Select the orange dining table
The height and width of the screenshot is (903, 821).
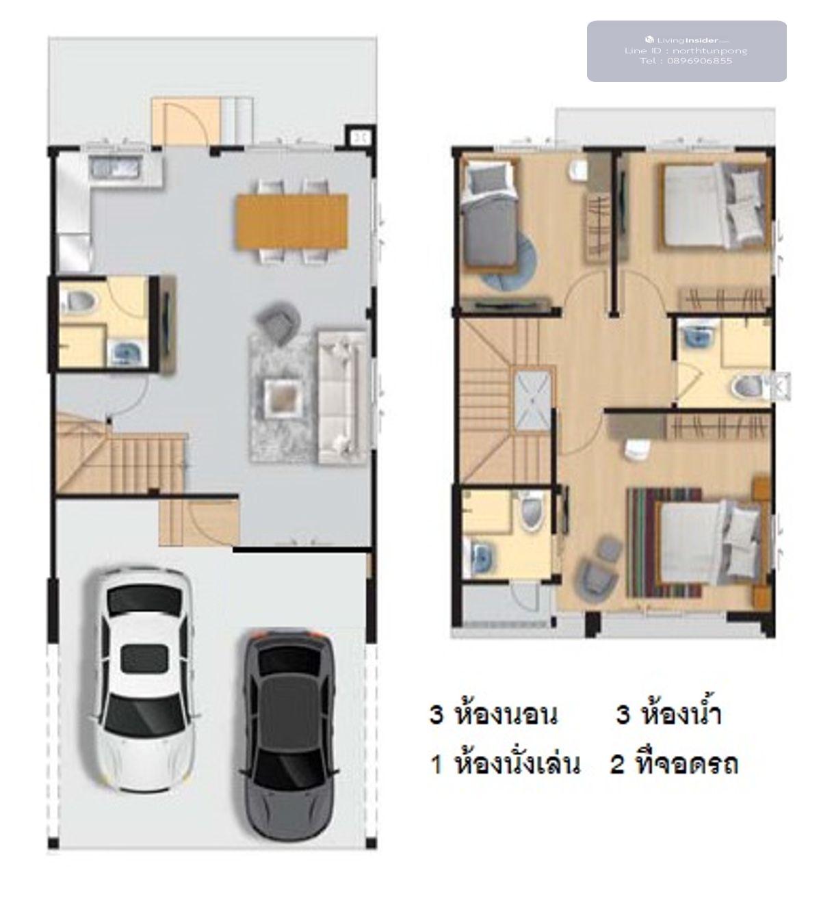292,221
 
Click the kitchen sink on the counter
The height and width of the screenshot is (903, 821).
116,168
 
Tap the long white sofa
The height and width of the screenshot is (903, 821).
342,396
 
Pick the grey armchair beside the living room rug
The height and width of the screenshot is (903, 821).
277,319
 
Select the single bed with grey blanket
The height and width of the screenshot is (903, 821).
489,215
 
